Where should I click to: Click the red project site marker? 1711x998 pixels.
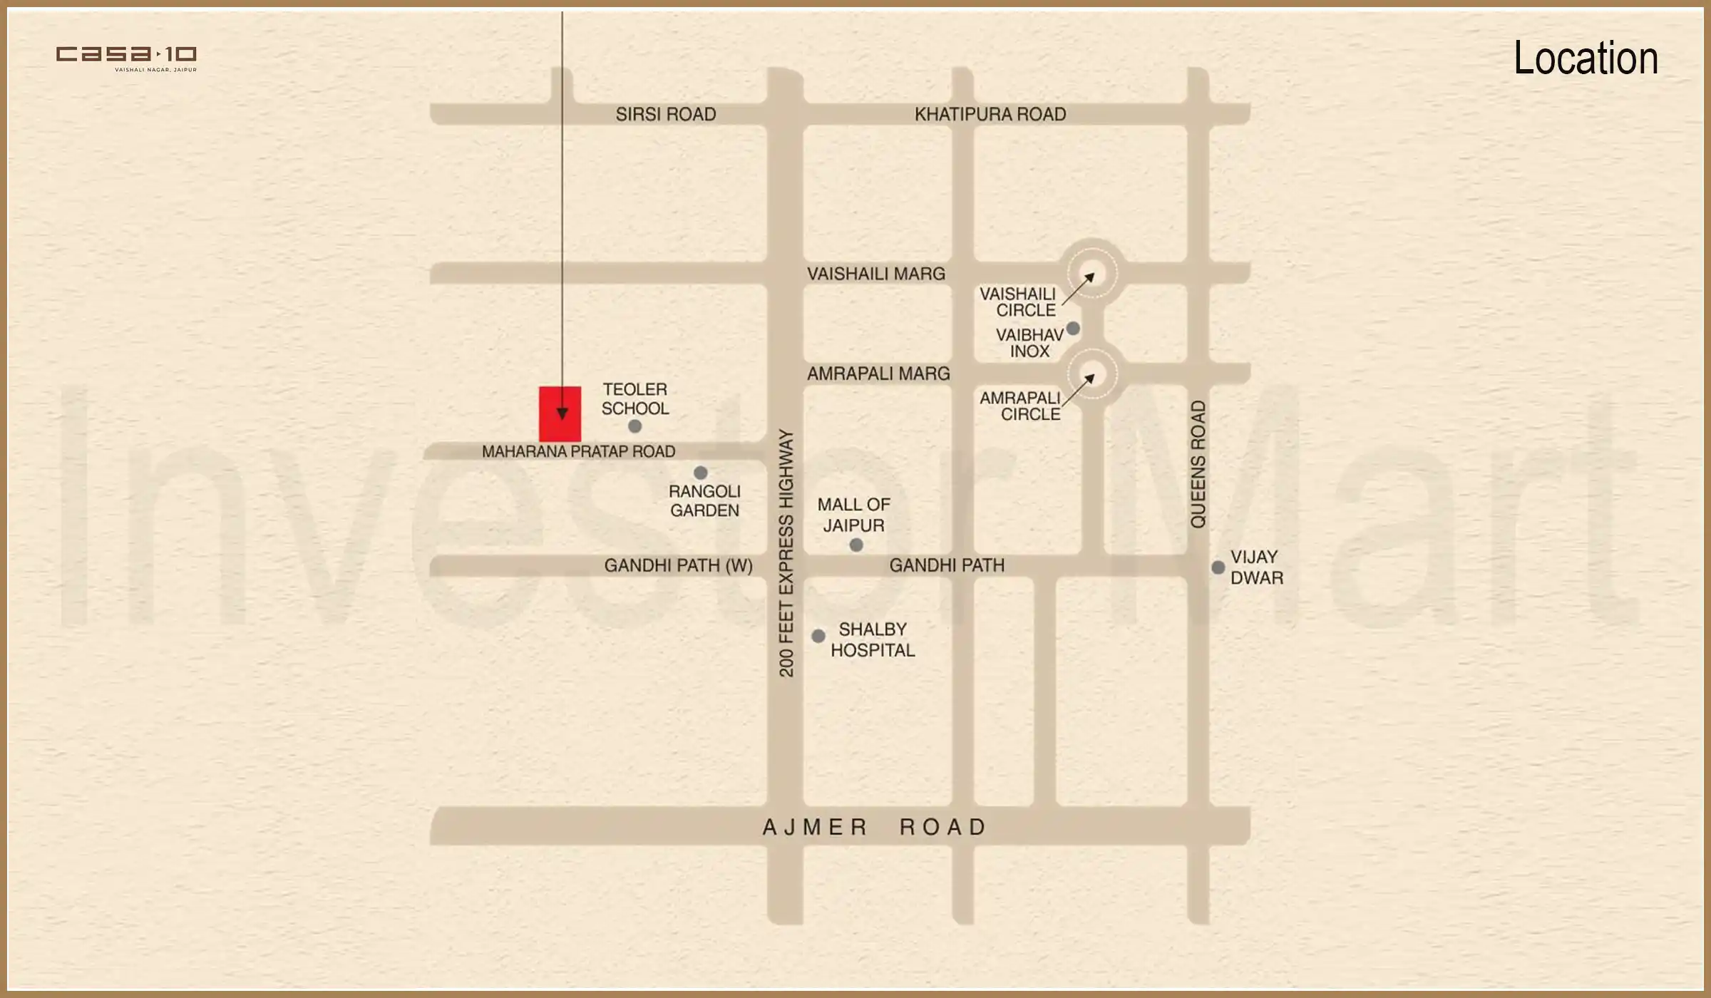560,414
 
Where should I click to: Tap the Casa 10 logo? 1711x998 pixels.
126,57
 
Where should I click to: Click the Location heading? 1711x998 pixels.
1585,58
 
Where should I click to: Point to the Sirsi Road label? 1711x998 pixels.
665,114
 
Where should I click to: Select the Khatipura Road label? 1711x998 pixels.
990,114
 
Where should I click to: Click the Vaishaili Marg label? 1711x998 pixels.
875,274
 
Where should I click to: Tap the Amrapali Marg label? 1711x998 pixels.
878,374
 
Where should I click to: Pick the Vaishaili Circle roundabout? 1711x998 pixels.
1091,273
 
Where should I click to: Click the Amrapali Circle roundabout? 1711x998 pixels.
1091,374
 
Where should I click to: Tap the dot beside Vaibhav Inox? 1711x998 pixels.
1073,329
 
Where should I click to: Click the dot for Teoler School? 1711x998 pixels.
634,426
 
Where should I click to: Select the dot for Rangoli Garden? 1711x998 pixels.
700,473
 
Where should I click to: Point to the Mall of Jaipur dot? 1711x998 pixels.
856,545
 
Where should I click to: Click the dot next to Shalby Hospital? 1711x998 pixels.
818,635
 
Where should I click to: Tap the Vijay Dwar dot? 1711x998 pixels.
1218,567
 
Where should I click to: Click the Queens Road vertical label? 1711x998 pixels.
1198,464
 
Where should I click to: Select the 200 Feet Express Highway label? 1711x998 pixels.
786,552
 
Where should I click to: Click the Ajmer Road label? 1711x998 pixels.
875,827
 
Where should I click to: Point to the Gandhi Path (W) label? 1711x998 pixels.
678,565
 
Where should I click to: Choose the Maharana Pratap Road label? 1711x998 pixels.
578,451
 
